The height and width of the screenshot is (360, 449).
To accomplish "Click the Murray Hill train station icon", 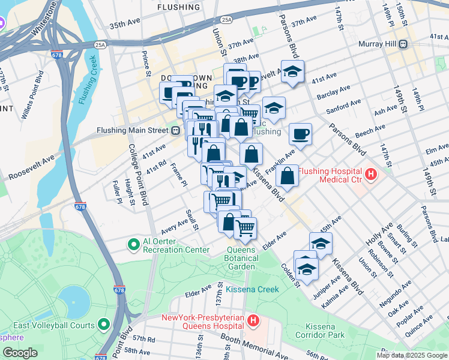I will pos(404,44).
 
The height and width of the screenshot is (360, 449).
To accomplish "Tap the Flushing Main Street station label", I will pos(133,130).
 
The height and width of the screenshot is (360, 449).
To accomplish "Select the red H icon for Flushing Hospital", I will pos(371,175).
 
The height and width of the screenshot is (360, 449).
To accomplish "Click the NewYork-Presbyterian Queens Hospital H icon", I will pos(253,321).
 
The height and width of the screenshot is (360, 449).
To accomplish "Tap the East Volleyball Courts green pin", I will pos(104,325).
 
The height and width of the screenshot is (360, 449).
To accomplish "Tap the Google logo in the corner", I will pos(20,353).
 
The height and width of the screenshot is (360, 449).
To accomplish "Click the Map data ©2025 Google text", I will pos(411,355).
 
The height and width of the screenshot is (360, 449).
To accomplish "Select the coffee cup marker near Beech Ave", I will pos(300,134).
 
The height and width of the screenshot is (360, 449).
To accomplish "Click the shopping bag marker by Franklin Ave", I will pos(288,176).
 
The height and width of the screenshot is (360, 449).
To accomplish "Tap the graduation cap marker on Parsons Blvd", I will pos(292,73).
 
